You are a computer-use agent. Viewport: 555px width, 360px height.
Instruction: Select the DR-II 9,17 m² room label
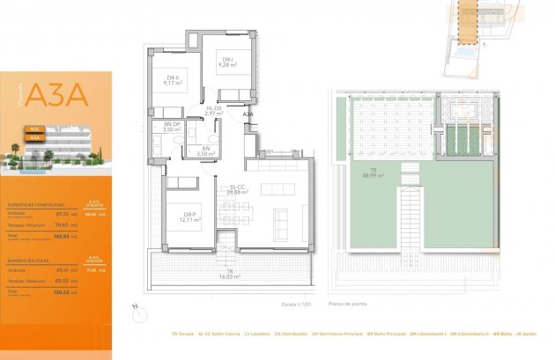[173, 81]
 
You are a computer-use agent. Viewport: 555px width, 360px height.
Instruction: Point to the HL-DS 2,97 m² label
[211, 111]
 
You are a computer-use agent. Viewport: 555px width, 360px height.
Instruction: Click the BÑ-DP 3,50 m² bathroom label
[171, 128]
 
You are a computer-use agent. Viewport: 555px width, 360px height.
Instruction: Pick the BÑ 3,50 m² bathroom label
[206, 151]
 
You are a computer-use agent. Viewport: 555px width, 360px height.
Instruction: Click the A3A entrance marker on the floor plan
[248, 114]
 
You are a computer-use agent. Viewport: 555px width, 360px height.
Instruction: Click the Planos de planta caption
[345, 303]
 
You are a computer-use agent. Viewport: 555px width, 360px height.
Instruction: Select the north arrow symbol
[135, 308]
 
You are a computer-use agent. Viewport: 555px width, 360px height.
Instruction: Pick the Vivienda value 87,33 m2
[63, 212]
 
